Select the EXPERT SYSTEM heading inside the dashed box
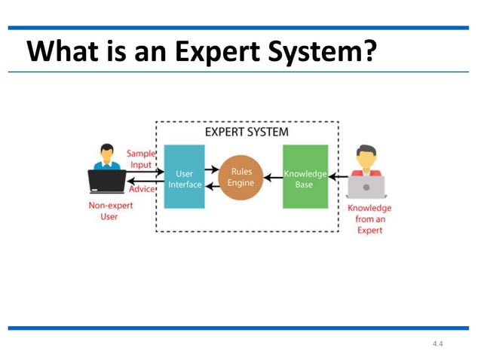247,132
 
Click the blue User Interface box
185,177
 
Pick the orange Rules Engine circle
240,178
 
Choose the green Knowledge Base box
305,177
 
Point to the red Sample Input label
140,158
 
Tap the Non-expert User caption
109,210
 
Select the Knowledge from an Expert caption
368,218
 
